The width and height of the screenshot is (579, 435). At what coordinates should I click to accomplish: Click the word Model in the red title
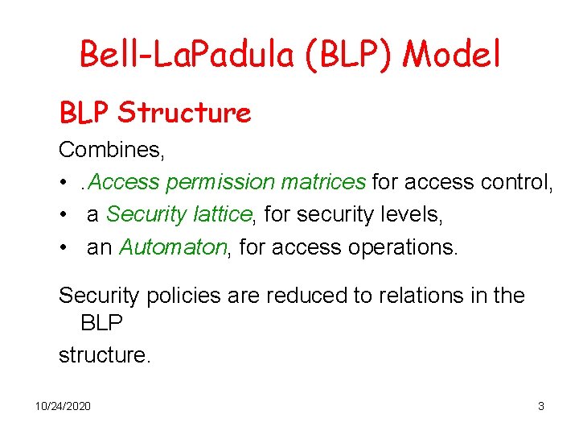pos(452,55)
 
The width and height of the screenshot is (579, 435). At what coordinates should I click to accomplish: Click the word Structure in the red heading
pos(184,113)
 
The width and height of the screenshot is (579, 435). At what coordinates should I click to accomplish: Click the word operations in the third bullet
pos(402,246)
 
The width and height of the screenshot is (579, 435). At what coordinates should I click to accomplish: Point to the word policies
pos(182,296)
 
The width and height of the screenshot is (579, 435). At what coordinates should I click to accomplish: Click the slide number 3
pos(541,406)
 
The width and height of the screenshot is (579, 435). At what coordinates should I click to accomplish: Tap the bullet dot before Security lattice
pos(63,215)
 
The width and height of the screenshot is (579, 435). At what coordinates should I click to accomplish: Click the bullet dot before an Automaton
pos(63,247)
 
